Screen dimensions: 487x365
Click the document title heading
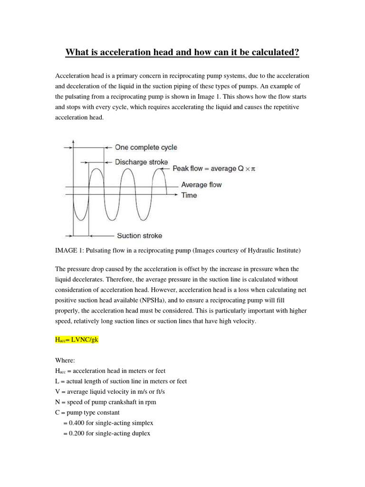182,52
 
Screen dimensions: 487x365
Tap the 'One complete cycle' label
146,147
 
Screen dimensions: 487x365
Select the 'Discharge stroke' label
142,162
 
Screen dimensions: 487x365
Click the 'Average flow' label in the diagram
201,185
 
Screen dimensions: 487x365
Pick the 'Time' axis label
189,195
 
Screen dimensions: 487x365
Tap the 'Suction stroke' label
139,235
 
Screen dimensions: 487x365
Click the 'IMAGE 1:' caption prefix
70,250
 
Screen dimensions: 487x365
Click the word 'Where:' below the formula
66,360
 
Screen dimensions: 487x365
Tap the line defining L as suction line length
121,381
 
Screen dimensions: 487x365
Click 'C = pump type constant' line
87,412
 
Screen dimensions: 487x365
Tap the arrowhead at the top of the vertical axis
73,141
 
